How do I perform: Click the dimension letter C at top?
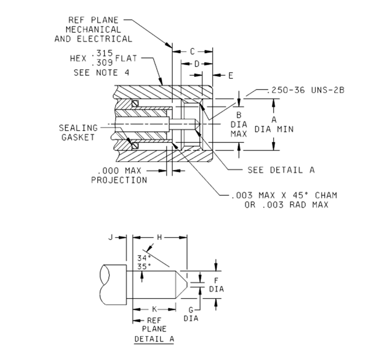click(x=192, y=51)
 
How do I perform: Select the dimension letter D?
click(x=196, y=63)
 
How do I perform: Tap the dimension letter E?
click(x=231, y=75)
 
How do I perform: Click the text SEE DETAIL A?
click(x=281, y=170)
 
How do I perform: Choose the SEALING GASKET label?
click(x=78, y=133)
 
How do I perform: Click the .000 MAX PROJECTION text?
click(x=119, y=176)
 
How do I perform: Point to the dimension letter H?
click(x=160, y=237)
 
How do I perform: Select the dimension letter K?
click(x=154, y=308)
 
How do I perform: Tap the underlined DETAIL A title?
click(x=154, y=339)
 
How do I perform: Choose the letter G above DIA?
click(x=191, y=310)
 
